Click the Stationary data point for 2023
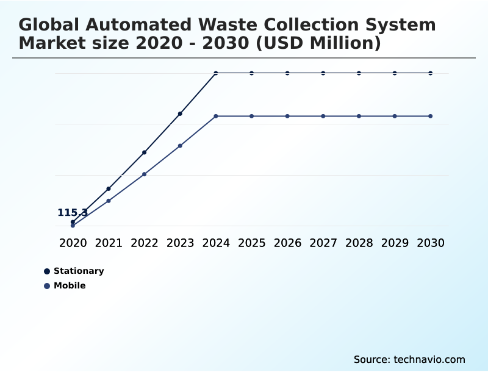pos(180,113)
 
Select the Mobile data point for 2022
pos(145,174)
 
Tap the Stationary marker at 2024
pos(216,73)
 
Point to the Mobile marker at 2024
pos(216,116)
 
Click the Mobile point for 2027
pos(323,116)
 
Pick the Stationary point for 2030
pos(431,73)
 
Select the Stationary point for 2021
pos(109,189)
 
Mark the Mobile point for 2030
pos(431,116)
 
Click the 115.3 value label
pos(73,213)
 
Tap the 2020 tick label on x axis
pos(73,243)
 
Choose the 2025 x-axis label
pos(251,243)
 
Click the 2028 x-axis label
pos(359,243)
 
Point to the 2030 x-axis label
pos(431,243)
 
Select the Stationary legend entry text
pos(79,271)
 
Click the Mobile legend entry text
pos(70,285)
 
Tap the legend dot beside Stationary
pos(47,271)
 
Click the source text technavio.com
pos(429,359)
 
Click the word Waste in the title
pos(228,25)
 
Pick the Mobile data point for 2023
pos(180,146)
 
